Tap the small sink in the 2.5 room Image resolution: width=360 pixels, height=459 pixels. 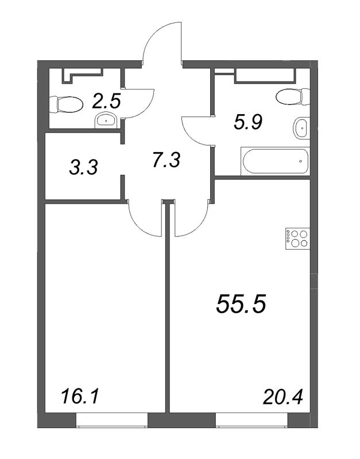[x=105, y=120]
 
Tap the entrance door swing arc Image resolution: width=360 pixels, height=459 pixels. [x=162, y=40]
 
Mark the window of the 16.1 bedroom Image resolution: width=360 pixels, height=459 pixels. [x=112, y=423]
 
